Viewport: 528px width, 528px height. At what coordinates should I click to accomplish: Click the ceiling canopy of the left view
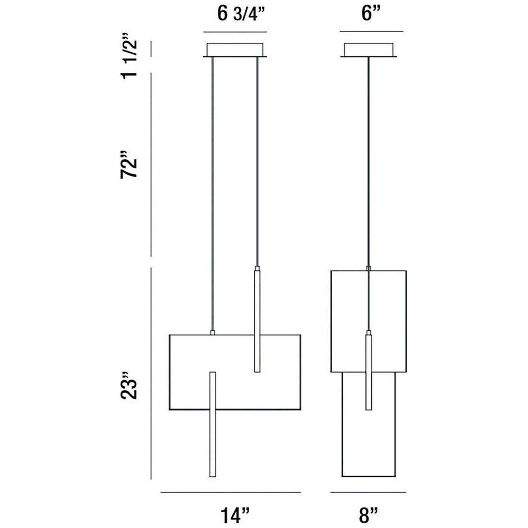(x=235, y=50)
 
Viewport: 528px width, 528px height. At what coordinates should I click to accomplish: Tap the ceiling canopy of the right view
(x=369, y=50)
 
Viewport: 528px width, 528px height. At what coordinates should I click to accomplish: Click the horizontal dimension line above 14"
(x=230, y=492)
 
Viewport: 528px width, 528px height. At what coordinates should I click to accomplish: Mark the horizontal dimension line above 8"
(x=368, y=492)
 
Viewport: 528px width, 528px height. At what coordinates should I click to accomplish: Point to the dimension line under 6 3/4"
(x=235, y=32)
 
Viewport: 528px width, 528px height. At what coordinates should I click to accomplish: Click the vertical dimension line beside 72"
(x=152, y=163)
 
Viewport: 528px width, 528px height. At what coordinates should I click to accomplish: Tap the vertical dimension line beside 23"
(x=152, y=374)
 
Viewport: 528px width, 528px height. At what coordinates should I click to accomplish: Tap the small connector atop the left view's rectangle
(x=212, y=332)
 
